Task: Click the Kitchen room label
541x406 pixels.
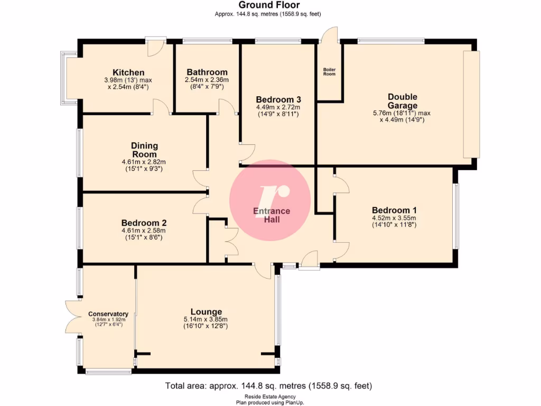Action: (128, 72)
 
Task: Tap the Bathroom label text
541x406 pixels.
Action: (207, 72)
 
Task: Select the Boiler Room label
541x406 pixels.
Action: (329, 71)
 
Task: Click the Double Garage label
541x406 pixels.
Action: (402, 100)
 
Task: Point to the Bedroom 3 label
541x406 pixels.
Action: (278, 99)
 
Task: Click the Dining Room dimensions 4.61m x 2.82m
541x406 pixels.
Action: (144, 162)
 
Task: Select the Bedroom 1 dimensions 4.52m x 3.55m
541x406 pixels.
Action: (394, 217)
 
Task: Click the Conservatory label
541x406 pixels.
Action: (108, 314)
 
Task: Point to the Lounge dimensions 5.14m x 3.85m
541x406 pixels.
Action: (206, 319)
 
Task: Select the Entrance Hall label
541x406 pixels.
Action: (272, 215)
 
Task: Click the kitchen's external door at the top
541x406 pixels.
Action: (154, 47)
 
